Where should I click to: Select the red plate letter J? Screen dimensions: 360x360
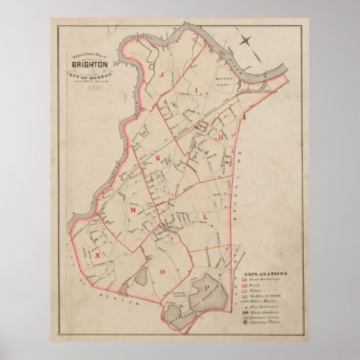tap(161, 77)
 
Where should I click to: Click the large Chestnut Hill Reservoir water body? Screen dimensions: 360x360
tap(202, 293)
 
